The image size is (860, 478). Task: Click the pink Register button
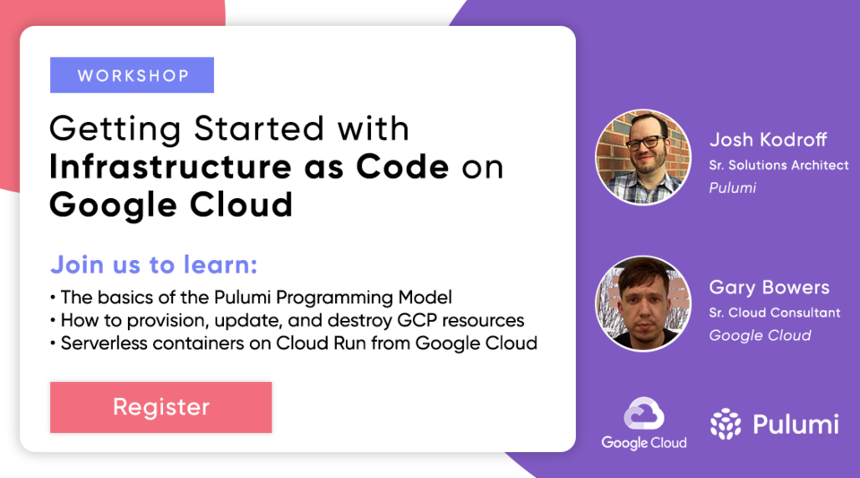(x=161, y=407)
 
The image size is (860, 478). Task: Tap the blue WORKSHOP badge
(x=133, y=75)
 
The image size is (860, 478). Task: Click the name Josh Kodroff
(x=768, y=140)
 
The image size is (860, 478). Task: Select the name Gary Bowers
(x=769, y=288)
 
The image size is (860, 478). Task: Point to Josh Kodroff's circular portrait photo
(x=643, y=156)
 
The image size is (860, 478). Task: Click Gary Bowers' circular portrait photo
(x=643, y=304)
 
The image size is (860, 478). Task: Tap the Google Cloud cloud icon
(x=644, y=415)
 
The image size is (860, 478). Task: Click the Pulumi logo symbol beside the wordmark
(x=726, y=424)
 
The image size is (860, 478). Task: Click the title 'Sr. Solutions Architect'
(x=778, y=165)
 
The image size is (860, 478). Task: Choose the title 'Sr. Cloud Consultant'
(x=774, y=313)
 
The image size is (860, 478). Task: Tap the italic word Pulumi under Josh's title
(x=733, y=187)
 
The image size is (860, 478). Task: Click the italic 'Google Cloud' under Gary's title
(x=760, y=335)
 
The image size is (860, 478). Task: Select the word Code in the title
(x=410, y=167)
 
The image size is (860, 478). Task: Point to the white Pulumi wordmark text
(x=795, y=424)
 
